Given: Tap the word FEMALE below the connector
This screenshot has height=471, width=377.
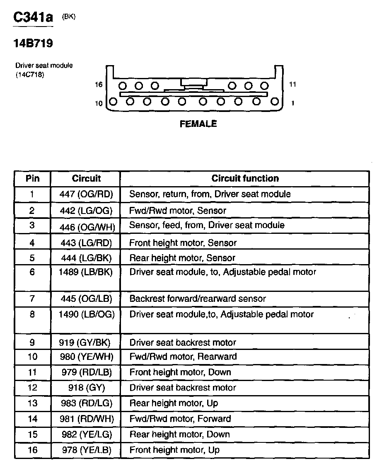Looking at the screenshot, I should [198, 124].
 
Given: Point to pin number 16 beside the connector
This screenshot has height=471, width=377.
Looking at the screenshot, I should [98, 85].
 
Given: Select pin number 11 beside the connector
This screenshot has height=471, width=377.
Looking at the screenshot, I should [292, 85].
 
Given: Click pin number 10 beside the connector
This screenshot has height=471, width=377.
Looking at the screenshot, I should [99, 103].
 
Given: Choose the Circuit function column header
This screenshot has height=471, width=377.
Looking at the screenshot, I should [245, 179].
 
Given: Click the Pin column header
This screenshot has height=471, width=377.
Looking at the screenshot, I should [33, 179].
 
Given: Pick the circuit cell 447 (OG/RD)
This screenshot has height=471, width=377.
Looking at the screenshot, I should [86, 194].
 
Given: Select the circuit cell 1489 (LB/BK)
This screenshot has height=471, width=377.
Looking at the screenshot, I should [86, 272].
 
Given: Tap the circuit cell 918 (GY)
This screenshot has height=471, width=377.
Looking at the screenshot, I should [86, 388].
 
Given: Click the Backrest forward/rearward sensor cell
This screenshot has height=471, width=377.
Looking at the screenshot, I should [198, 299].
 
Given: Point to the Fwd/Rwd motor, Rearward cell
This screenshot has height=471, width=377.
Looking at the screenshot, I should [183, 357].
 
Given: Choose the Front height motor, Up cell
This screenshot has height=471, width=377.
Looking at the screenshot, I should [174, 450].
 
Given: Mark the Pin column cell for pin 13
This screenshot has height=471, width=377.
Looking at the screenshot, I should [33, 403].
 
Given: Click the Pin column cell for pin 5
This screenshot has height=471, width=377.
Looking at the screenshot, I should [33, 258].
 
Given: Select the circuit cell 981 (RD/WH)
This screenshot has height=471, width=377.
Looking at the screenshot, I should [86, 419].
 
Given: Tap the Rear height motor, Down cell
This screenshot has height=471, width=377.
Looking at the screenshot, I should [179, 435].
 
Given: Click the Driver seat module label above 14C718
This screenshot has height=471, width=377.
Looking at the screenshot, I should [44, 66].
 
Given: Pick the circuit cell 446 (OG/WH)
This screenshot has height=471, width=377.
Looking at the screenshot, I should [86, 227].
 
